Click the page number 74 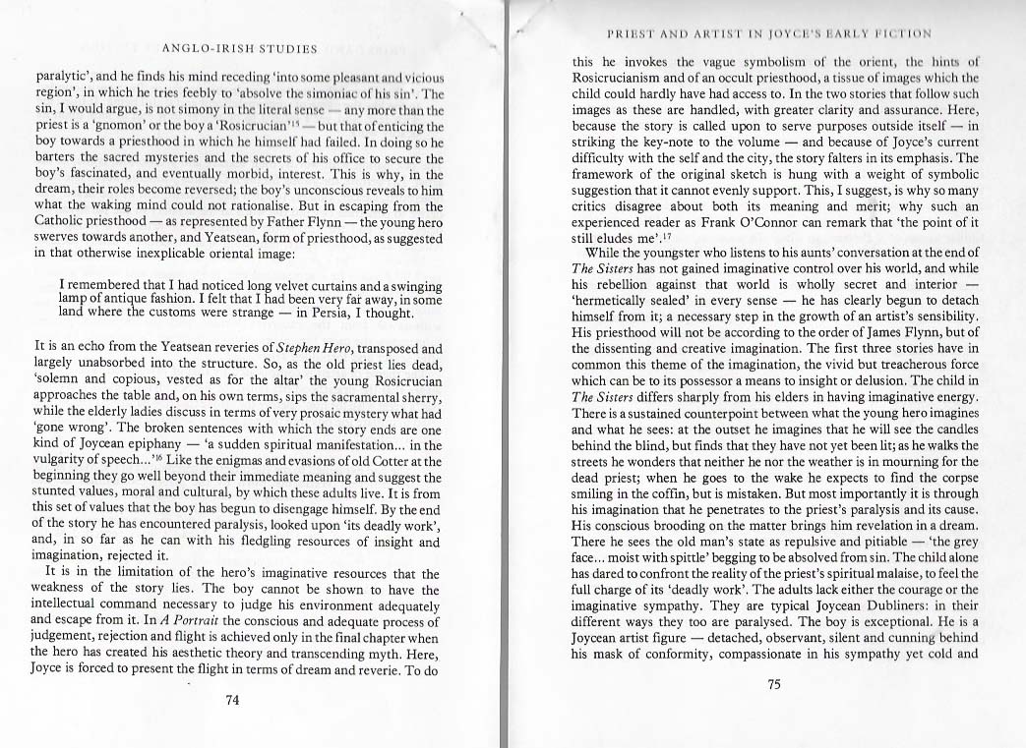pos(233,700)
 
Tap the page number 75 pos(773,685)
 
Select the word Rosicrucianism pos(632,78)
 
